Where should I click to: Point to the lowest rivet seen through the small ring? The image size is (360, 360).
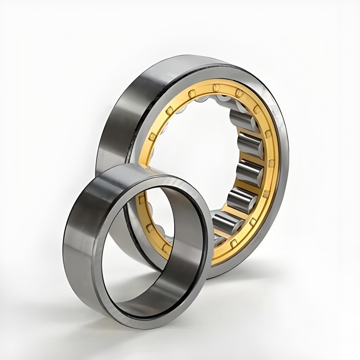click(x=166, y=247)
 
